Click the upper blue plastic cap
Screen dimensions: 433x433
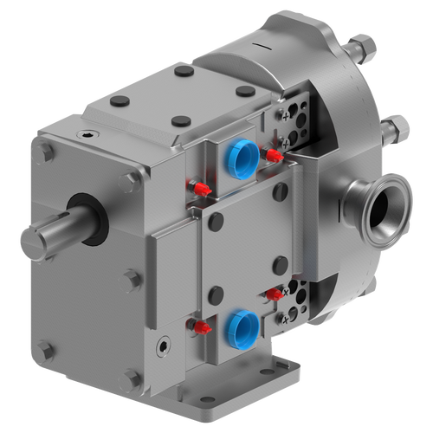[240, 157]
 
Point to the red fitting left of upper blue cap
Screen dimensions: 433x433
[198, 187]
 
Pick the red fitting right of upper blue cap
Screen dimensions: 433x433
[275, 156]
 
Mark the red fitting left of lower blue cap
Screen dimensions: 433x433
[201, 327]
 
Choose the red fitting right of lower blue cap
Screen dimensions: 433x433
[274, 294]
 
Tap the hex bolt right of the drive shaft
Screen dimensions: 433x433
[130, 181]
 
